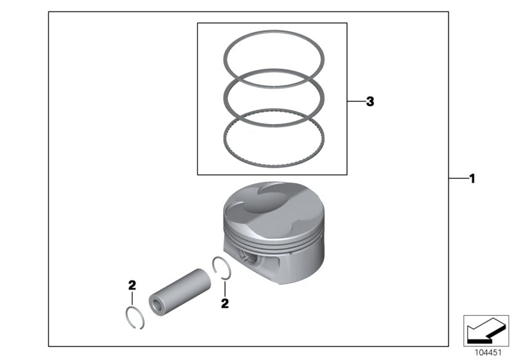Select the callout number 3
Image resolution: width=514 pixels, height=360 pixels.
[369, 102]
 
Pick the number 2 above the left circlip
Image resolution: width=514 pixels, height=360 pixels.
[132, 285]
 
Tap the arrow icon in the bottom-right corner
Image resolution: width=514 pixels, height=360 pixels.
[486, 330]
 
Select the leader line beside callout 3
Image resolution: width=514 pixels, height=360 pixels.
[355, 102]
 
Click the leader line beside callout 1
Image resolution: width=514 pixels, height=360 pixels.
[457, 179]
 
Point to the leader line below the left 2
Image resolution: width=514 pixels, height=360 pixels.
[132, 298]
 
